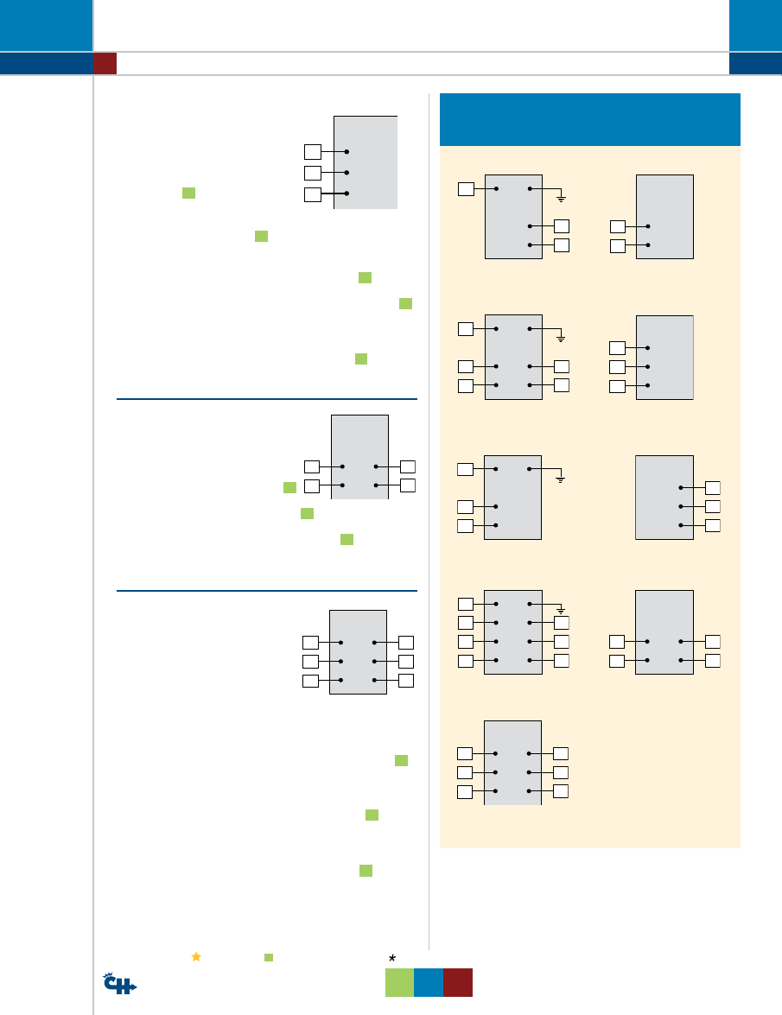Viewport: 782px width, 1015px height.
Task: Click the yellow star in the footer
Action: pos(196,957)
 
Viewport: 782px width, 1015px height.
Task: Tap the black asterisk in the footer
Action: pos(391,957)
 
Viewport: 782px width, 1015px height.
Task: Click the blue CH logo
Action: pos(119,984)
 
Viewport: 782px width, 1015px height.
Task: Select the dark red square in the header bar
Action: pos(105,63)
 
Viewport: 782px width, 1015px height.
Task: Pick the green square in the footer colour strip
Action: pos(399,983)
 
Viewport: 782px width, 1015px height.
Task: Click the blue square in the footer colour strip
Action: pos(429,983)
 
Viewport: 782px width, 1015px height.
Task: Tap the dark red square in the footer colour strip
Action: pos(458,983)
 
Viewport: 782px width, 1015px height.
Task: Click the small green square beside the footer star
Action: pos(269,957)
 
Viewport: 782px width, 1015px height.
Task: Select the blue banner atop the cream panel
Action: pos(590,119)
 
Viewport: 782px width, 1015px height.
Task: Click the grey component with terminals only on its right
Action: pos(664,498)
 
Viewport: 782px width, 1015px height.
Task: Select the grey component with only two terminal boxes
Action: pos(664,217)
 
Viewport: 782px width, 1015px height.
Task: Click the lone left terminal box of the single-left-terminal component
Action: pos(466,188)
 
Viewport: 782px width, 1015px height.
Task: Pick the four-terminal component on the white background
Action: pos(359,457)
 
